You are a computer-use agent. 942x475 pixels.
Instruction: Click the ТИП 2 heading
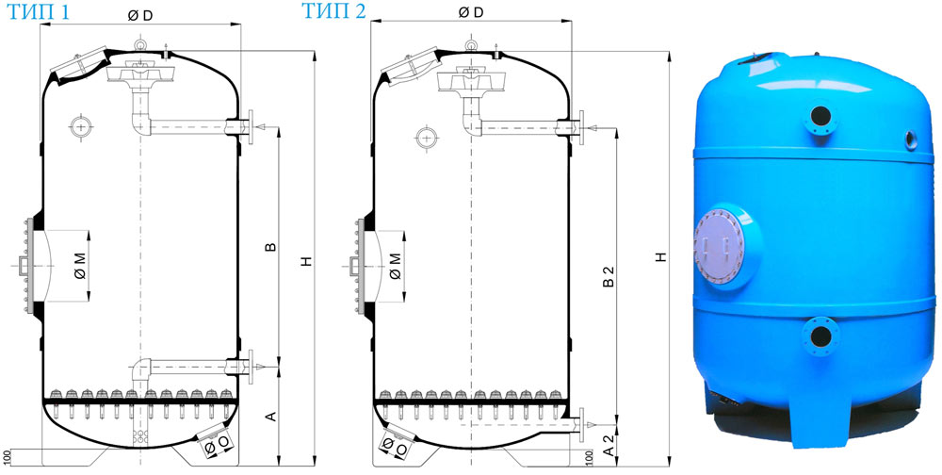pyautogui.click(x=333, y=10)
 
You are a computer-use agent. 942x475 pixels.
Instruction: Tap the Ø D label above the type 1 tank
pyautogui.click(x=140, y=16)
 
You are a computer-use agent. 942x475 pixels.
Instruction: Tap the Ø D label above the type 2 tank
pyautogui.click(x=470, y=12)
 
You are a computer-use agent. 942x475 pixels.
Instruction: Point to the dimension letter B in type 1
pyautogui.click(x=271, y=247)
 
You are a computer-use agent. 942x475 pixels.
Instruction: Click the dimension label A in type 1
pyautogui.click(x=271, y=416)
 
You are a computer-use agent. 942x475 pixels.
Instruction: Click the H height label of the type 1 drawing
pyautogui.click(x=307, y=261)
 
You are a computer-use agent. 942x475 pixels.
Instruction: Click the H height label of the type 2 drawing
pyautogui.click(x=661, y=256)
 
